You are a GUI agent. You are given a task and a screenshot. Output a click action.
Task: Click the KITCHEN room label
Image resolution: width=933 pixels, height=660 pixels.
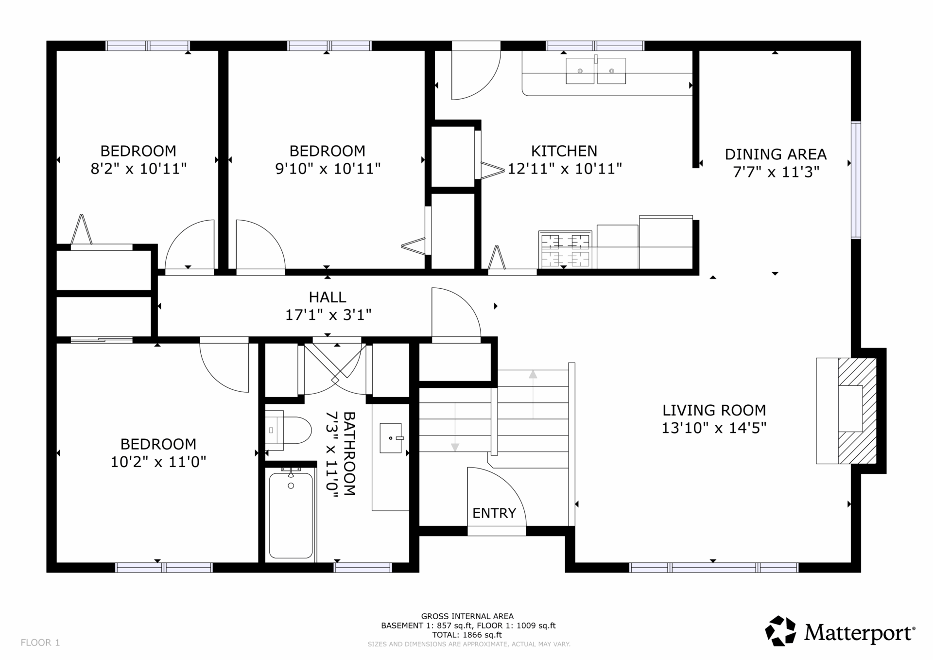(x=564, y=151)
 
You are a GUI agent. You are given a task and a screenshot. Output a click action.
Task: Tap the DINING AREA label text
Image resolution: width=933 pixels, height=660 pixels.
(x=776, y=155)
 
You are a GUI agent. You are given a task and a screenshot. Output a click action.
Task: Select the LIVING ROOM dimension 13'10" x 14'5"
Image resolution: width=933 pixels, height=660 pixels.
(x=714, y=428)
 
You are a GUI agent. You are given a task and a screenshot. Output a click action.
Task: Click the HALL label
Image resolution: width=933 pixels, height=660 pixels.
(x=328, y=297)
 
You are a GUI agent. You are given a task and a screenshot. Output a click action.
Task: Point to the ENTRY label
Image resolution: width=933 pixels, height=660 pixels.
(x=494, y=513)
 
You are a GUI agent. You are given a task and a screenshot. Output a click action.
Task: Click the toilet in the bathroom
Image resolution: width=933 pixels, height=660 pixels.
(x=288, y=430)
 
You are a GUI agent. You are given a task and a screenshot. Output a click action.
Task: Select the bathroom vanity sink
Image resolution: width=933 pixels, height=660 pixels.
(x=391, y=438)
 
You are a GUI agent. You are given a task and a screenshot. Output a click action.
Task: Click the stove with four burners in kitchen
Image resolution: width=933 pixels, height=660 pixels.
(x=565, y=249)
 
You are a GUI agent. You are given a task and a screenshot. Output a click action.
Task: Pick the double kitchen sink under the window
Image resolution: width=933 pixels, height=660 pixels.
(x=596, y=71)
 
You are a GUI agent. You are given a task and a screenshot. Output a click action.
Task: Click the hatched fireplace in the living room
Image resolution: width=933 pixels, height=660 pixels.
(x=857, y=411)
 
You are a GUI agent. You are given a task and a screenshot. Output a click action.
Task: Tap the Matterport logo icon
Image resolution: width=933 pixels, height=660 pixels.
(x=781, y=631)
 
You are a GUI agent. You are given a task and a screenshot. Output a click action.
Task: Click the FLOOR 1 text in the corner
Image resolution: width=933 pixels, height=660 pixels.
(x=40, y=643)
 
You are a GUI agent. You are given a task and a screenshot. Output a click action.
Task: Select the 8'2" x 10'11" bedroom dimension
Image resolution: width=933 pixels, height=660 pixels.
(x=138, y=169)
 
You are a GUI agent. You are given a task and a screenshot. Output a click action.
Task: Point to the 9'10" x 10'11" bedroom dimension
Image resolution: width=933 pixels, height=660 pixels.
(x=328, y=169)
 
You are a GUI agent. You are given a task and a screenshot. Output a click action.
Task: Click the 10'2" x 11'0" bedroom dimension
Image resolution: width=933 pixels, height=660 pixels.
(x=158, y=462)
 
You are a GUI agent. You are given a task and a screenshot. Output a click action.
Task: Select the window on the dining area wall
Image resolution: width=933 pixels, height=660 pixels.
(x=856, y=180)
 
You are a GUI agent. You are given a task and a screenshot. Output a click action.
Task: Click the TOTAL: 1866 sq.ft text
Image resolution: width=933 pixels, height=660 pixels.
(x=467, y=635)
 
